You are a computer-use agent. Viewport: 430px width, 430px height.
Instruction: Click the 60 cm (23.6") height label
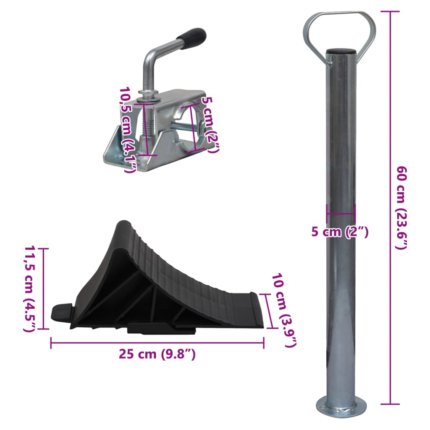(x=401, y=208)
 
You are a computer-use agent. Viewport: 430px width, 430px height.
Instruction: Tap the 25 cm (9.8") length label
(x=157, y=354)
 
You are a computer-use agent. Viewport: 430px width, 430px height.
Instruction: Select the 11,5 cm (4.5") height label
(x=30, y=289)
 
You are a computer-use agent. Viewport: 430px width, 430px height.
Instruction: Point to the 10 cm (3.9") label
(x=284, y=310)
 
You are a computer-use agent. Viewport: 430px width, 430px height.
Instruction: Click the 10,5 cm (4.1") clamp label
(x=127, y=130)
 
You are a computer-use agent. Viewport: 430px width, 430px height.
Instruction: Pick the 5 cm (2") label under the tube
(x=339, y=232)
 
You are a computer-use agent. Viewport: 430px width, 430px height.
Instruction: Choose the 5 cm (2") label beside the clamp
(x=210, y=125)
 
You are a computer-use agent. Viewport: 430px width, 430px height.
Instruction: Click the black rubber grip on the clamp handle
(x=191, y=34)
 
